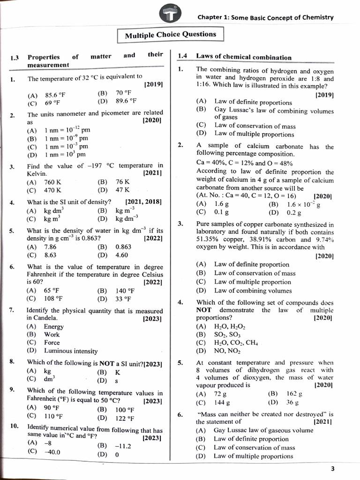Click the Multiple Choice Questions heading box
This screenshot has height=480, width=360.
tap(170, 34)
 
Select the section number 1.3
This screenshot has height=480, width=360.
tap(15, 58)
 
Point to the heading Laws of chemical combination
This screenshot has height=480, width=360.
tap(243, 57)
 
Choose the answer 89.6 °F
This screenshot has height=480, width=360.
tap(126, 100)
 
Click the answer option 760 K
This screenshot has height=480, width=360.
tap(52, 182)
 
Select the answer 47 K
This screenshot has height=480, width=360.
tap(122, 190)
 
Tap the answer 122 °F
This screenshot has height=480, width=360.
tap(124, 419)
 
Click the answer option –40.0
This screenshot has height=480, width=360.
tap(52, 452)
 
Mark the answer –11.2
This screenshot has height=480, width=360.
tap(122, 446)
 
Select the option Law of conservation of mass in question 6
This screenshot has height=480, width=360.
tap(254, 447)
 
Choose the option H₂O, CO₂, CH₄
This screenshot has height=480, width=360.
tap(236, 342)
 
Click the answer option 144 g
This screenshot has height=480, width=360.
tap(222, 402)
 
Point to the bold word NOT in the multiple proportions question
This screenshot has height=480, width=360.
tap(204, 310)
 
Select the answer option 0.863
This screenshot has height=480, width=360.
tap(123, 247)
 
